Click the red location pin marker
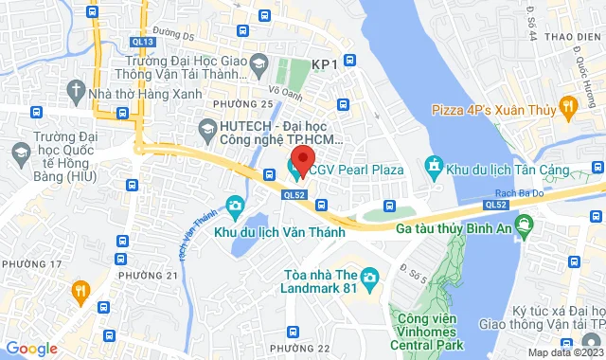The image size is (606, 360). click(302, 158)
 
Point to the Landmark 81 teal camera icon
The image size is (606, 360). click(369, 278)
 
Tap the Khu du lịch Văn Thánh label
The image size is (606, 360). click(277, 232)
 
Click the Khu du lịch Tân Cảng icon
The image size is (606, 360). click(434, 169)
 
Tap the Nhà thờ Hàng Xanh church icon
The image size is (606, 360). click(77, 89)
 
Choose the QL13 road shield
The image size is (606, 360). click(144, 42)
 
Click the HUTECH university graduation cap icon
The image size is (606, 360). click(206, 126)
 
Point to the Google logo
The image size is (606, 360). click(31, 348)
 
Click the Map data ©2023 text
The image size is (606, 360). click(565, 352)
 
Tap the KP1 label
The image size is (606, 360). click(325, 63)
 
